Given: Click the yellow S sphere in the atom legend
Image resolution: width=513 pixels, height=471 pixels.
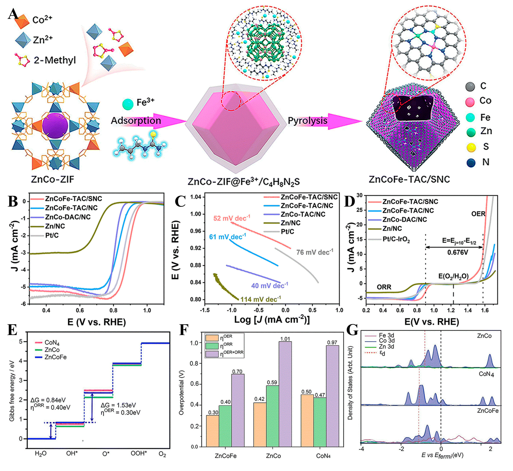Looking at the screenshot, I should (x=471, y=147).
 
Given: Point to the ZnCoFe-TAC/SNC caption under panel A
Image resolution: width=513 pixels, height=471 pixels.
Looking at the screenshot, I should (x=409, y=179).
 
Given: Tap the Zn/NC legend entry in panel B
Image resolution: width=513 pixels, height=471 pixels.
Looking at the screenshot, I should (x=55, y=226).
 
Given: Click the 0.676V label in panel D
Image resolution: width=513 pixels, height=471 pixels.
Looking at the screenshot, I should (x=458, y=253).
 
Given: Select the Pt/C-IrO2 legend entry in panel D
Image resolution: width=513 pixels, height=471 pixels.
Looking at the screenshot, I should (x=396, y=239).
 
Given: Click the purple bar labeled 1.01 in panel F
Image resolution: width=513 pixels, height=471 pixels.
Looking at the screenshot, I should (x=285, y=394).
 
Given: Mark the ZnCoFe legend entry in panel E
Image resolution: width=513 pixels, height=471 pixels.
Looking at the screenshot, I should (x=55, y=357).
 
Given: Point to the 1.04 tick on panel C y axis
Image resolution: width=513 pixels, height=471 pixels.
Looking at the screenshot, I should (x=196, y=197).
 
